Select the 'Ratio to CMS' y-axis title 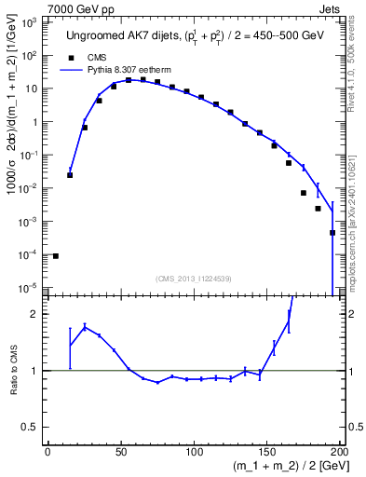coord(12,370)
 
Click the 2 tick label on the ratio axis coord(34,314)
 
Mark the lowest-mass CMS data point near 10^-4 coord(55,256)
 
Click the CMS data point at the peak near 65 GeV coord(142,80)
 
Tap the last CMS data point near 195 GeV coord(332,233)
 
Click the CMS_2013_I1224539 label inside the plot coord(193,277)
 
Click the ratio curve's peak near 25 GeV coord(85,326)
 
